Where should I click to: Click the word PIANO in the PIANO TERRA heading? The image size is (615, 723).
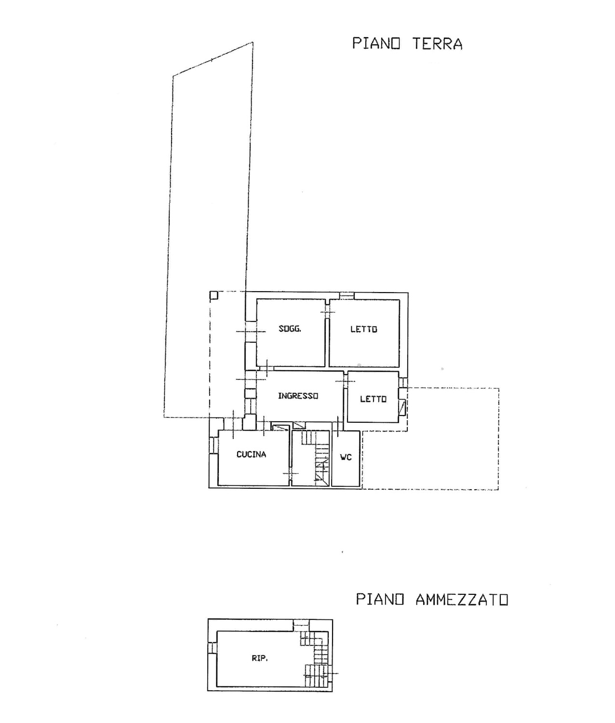[376, 43]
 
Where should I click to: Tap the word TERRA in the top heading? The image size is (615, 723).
[437, 44]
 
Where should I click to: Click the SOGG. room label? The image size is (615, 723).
[290, 329]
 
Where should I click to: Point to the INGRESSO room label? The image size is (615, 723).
[298, 396]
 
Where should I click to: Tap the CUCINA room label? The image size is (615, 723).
[251, 455]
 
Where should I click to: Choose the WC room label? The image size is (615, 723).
[346, 457]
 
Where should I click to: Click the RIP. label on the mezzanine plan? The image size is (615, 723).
[260, 658]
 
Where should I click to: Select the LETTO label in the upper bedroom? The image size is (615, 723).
[364, 329]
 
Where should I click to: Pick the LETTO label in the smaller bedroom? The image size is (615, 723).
[373, 399]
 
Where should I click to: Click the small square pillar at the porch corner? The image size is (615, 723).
[214, 295]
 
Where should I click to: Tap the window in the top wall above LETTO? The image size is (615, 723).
[347, 296]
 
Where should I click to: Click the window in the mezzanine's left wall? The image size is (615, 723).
[212, 647]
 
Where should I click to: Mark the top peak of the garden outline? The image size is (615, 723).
[253, 42]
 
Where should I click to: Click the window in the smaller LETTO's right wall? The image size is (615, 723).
[403, 382]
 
